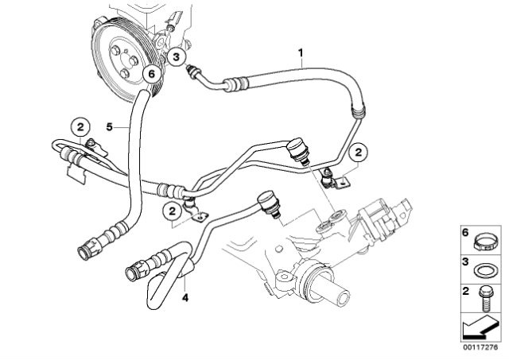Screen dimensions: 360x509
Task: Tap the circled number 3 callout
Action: (177, 56)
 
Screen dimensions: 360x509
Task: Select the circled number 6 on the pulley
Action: (149, 74)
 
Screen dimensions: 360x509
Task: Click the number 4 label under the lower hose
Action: (186, 297)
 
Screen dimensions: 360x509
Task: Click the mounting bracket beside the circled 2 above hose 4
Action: (196, 212)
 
